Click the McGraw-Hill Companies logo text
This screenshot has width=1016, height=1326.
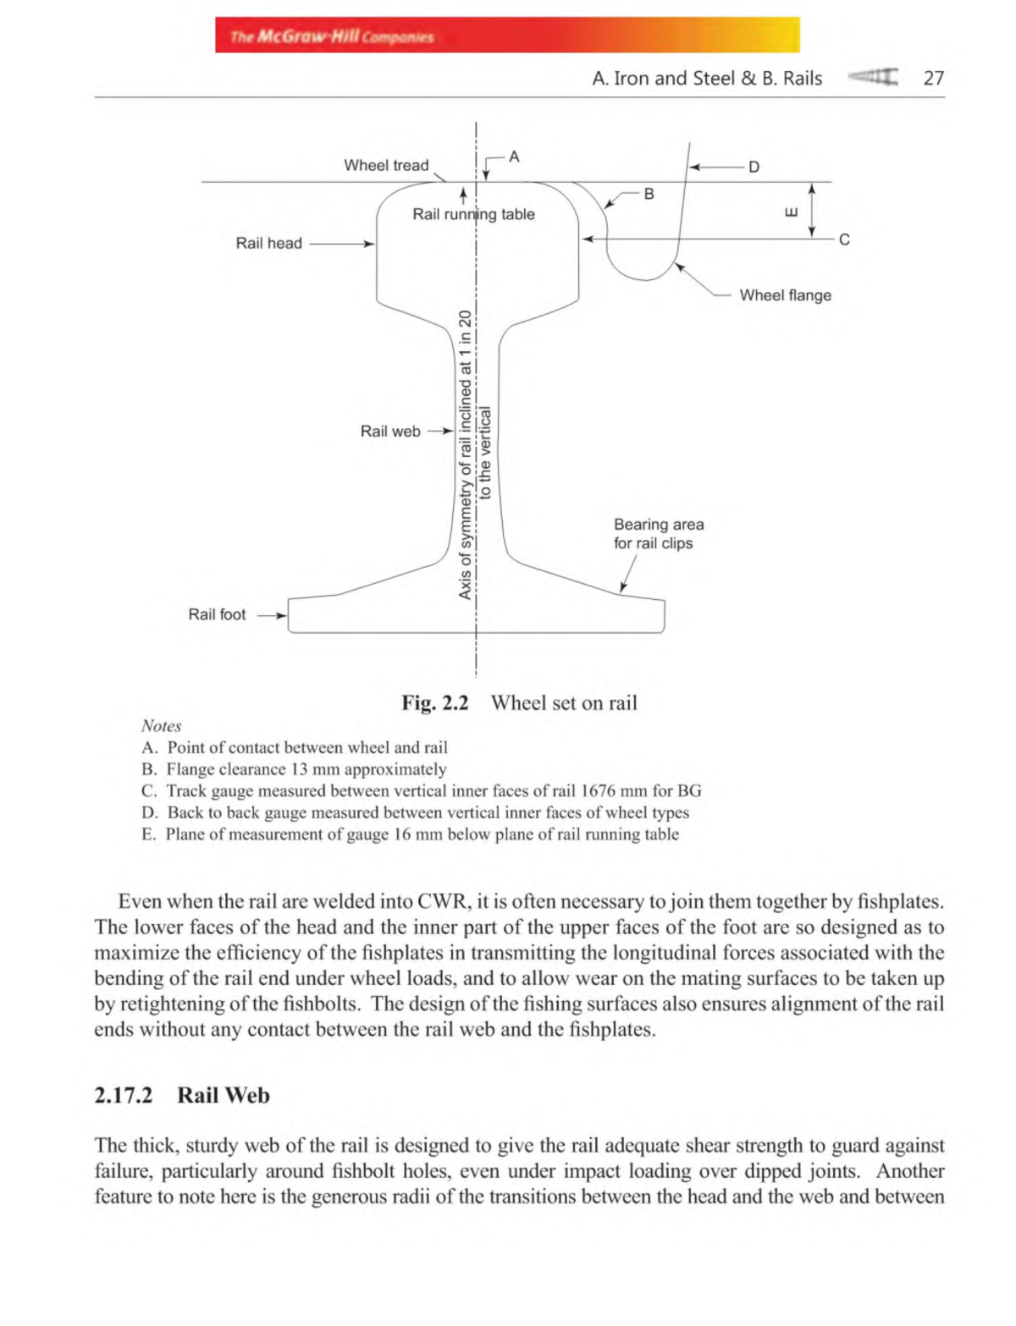[332, 36]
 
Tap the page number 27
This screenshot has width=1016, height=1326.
[933, 79]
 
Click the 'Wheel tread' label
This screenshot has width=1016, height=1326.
[386, 165]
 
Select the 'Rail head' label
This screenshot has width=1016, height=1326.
[268, 244]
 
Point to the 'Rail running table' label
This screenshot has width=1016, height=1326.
[473, 215]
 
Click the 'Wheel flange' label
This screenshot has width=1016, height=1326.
[785, 295]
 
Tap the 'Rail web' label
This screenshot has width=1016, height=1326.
[390, 432]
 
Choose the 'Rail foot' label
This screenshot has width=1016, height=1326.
[217, 615]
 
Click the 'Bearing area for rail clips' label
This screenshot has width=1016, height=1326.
[658, 534]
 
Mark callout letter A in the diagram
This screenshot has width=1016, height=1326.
[514, 157]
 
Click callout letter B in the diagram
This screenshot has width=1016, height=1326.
[649, 194]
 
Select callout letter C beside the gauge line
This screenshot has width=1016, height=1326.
[844, 240]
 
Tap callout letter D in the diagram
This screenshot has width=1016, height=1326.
[754, 168]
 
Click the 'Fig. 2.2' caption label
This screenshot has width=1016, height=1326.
[434, 703]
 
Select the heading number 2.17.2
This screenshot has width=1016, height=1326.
[124, 1095]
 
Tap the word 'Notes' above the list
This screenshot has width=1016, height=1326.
[161, 726]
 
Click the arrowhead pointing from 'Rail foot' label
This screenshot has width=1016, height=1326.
[283, 616]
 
